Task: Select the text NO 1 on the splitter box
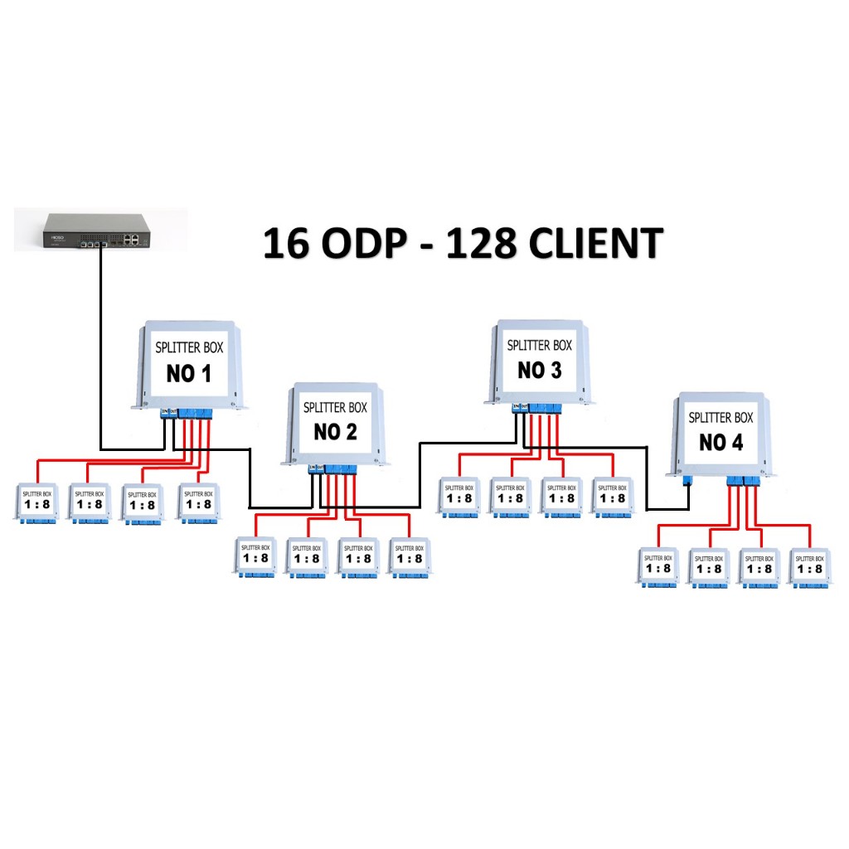[189, 374]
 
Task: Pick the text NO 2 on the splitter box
[335, 432]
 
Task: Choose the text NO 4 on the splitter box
[720, 442]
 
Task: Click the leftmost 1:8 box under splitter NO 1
[36, 502]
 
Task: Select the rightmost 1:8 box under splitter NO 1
[199, 502]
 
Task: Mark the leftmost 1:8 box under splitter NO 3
[458, 497]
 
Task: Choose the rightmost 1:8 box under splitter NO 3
[612, 497]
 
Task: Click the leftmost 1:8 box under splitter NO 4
[657, 567]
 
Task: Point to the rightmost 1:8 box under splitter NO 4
[808, 567]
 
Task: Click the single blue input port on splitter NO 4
[686, 480]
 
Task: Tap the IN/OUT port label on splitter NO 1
[168, 410]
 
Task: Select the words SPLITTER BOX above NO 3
[539, 345]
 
